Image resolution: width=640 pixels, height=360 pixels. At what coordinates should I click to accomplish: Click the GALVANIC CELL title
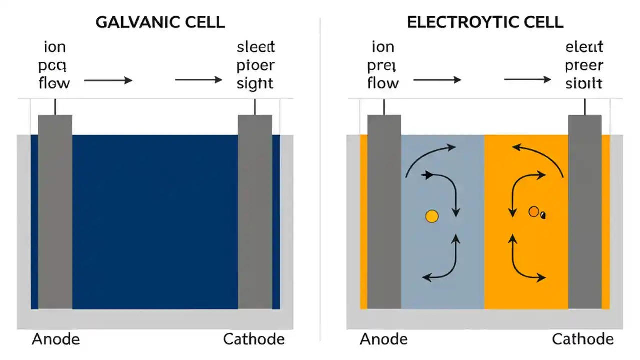[159, 22]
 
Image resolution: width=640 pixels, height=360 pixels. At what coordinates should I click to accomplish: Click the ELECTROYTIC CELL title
[485, 22]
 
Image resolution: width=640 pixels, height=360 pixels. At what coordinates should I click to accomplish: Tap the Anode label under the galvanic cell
[56, 339]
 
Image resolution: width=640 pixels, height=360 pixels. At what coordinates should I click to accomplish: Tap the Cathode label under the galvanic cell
[254, 339]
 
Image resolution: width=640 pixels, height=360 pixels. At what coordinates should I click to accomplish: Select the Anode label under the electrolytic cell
[384, 339]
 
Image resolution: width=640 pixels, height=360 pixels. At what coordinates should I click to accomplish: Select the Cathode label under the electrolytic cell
[583, 339]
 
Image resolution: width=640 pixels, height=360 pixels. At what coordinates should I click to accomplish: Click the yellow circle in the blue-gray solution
[431, 216]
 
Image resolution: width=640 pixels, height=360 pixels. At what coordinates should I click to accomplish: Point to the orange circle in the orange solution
[534, 212]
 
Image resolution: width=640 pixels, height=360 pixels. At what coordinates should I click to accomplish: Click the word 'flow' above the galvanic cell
[54, 83]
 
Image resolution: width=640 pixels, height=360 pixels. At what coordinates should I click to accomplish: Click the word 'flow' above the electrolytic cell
[383, 83]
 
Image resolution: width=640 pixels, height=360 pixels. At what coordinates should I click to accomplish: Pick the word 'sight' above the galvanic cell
[255, 83]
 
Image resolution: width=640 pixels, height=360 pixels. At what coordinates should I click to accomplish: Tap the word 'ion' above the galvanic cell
[55, 48]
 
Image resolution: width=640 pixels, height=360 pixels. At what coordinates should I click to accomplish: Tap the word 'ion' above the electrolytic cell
[383, 48]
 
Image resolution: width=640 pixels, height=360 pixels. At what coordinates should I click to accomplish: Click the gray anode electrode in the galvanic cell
[55, 210]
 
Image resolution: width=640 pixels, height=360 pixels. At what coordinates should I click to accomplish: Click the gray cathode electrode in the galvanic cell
[255, 210]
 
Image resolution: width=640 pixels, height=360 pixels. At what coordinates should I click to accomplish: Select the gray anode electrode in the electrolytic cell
[384, 210]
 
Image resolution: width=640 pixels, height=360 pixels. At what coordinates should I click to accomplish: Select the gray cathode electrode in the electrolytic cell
[585, 210]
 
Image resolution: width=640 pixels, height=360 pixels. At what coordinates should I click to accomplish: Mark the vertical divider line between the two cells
[320, 180]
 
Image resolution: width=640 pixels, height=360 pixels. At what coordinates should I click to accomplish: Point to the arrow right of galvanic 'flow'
[108, 80]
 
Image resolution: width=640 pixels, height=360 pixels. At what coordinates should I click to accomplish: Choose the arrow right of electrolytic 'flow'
[437, 80]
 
